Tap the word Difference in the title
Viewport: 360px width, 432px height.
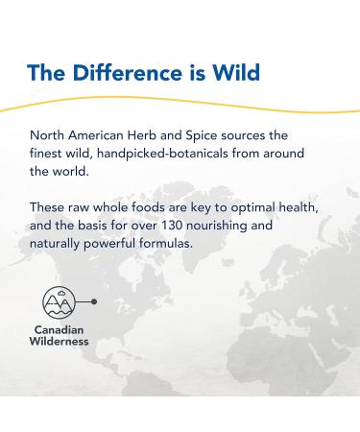point(124,73)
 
